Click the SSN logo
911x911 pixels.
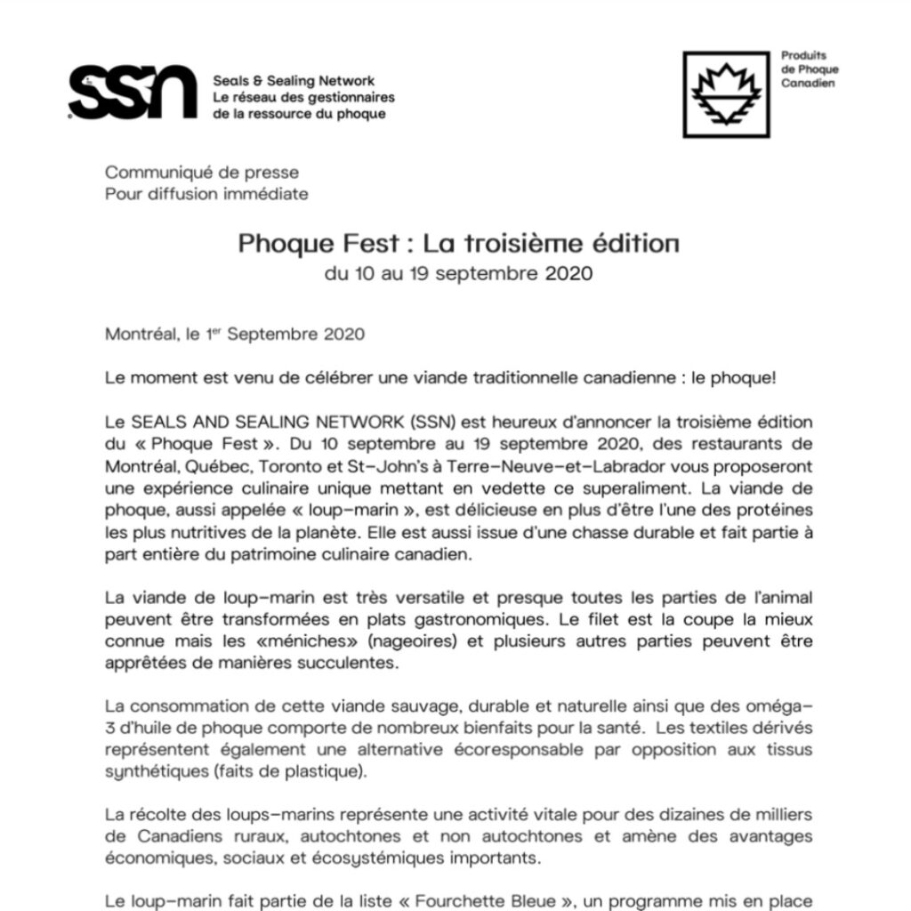pyautogui.click(x=133, y=91)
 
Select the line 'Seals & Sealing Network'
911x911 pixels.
pyautogui.click(x=294, y=81)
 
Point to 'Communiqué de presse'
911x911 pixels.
pyautogui.click(x=202, y=173)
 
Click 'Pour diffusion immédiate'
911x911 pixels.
pyautogui.click(x=206, y=193)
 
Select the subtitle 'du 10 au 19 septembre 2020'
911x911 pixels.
pyautogui.click(x=458, y=273)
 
